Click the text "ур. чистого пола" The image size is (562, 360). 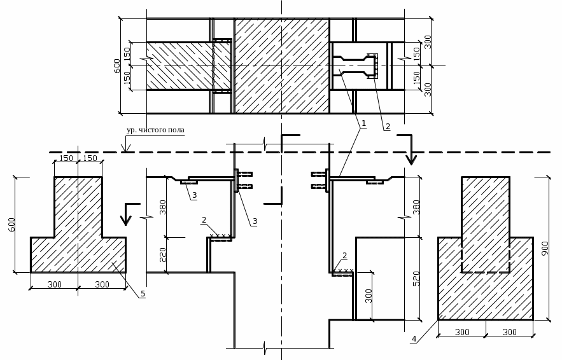(155, 130)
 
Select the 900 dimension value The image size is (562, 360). (544, 248)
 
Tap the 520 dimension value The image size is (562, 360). (416, 279)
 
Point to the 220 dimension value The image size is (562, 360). (163, 254)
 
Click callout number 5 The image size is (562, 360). (143, 294)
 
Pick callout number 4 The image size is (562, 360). (414, 338)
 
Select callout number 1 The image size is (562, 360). (363, 123)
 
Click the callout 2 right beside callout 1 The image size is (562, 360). (388, 127)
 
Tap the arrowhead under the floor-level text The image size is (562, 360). (126, 148)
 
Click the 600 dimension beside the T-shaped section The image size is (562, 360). (12, 225)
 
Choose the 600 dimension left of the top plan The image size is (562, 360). (117, 66)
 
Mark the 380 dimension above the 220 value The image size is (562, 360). (163, 207)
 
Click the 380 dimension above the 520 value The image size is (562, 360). (416, 207)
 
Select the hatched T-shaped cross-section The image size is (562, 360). (78, 237)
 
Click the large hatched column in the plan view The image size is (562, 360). (282, 66)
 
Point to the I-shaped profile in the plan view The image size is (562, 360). (356, 66)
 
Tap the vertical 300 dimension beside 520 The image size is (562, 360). (369, 296)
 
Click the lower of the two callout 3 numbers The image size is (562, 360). (255, 221)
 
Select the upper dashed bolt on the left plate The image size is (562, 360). (245, 174)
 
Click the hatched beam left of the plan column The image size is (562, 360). (188, 66)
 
